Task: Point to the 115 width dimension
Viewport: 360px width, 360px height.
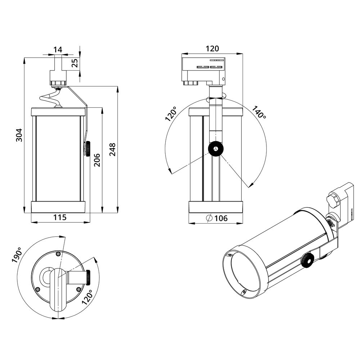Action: [x=60, y=217]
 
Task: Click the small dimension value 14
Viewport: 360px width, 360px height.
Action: [x=58, y=50]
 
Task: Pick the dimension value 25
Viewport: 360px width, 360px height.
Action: [x=75, y=63]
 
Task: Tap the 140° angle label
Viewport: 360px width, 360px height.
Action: [x=259, y=112]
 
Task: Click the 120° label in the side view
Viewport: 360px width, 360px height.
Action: [x=171, y=114]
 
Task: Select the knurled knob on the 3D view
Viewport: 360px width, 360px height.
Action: [x=307, y=260]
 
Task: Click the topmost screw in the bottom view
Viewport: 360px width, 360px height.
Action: [x=58, y=254]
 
